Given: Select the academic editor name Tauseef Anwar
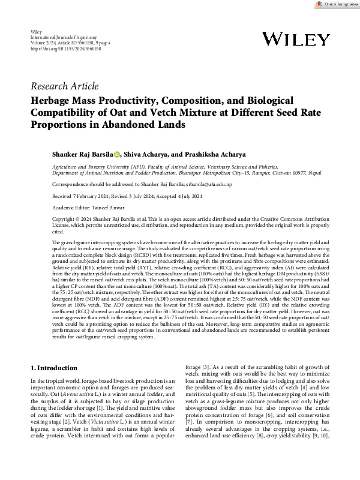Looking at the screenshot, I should [112, 206].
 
